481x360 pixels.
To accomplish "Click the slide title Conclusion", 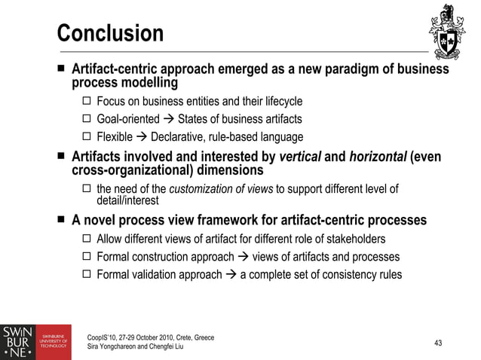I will click(x=110, y=34).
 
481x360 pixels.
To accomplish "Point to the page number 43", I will click(x=439, y=343).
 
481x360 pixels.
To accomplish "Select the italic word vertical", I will click(x=302, y=158).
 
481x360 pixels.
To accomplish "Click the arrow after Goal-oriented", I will click(x=168, y=119).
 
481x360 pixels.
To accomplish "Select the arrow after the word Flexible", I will click(x=141, y=137).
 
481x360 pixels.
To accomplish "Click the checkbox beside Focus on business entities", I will click(x=87, y=101).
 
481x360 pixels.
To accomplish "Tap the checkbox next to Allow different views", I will click(x=87, y=239).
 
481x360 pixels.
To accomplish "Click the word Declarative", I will click(x=177, y=137).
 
